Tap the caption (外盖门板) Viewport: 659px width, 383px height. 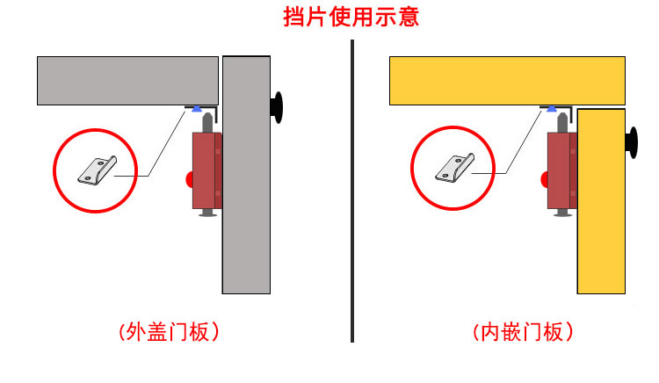167,331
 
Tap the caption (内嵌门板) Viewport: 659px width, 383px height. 523,331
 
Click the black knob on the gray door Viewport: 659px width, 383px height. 279,107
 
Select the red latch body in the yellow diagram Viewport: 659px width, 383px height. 561,170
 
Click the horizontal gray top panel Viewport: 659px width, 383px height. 127,80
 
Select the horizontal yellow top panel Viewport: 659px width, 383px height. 506,80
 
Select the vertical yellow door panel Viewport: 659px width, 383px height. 601,211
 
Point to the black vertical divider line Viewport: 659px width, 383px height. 352,193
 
